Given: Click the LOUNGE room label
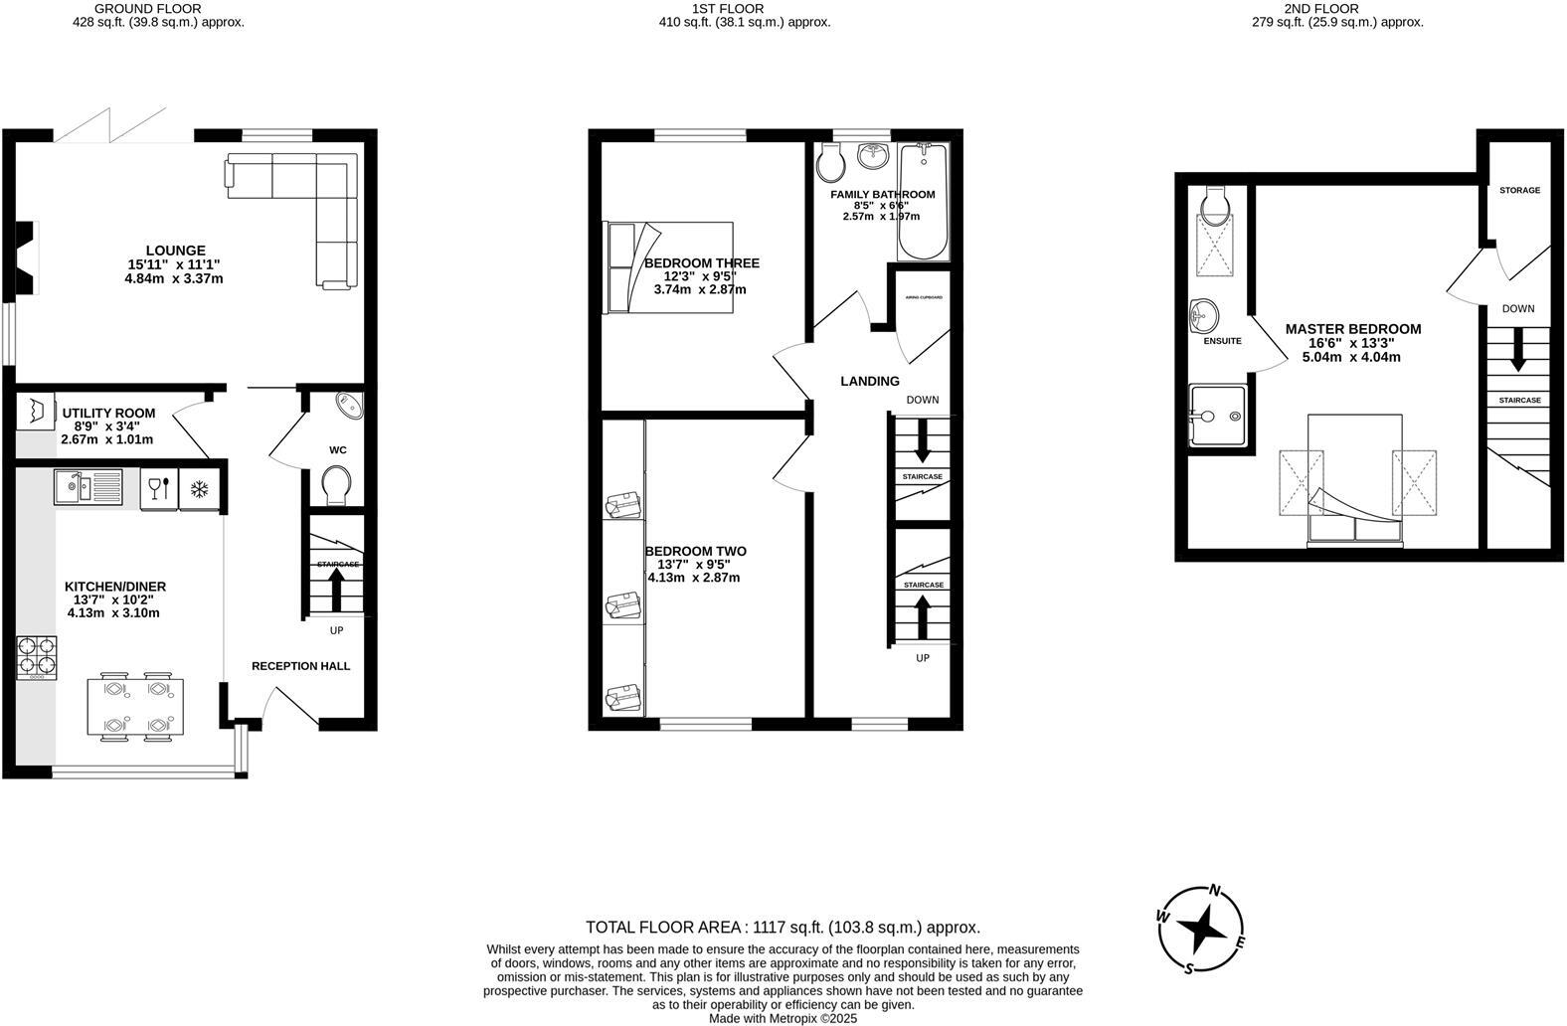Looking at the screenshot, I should pos(175,251).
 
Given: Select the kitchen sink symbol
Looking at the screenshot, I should pos(88,487).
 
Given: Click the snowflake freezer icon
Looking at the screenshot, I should pos(199,488).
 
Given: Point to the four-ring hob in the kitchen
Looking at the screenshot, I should pos(36,656).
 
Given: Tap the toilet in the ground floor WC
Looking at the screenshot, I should pos(337,486).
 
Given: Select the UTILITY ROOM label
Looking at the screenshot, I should pos(108,414).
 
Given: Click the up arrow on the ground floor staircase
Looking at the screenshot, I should pos(336,593).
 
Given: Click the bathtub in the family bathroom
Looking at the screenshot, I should pos(923,202).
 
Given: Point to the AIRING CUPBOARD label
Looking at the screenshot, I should pos(924,297).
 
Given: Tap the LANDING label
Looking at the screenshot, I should pos(870,381).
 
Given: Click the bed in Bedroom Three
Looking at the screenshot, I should pos(668,266).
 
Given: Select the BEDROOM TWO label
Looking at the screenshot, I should pos(695,552).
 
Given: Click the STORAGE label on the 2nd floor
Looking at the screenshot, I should pos(1519,190).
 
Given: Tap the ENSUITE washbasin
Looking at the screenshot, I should pos(1203,317).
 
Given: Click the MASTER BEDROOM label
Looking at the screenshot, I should pos(1352,329).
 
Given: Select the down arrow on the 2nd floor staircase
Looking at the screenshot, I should pos(1517,351).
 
